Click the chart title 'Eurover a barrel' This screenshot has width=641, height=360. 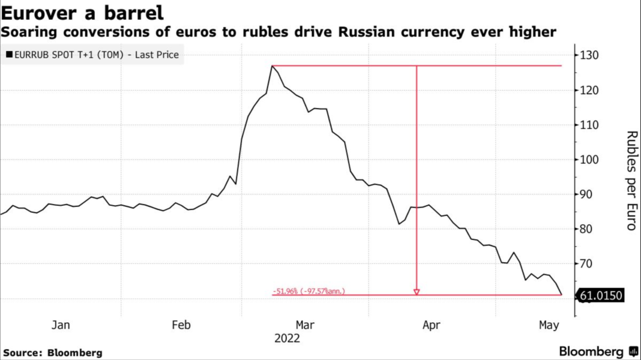[x=83, y=13]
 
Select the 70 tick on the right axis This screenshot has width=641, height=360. [x=588, y=264]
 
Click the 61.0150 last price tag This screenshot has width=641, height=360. [x=600, y=295]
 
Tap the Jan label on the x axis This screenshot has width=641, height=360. [x=61, y=325]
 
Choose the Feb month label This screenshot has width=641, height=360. [x=182, y=325]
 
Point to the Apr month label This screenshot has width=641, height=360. [x=431, y=325]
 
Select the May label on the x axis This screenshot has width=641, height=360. [x=548, y=325]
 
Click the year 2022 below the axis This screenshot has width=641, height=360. [x=287, y=338]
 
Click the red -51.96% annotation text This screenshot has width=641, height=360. [x=308, y=292]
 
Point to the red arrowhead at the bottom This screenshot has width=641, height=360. [x=417, y=292]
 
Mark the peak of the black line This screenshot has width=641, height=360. [x=272, y=65]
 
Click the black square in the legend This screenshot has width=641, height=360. [x=9, y=55]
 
